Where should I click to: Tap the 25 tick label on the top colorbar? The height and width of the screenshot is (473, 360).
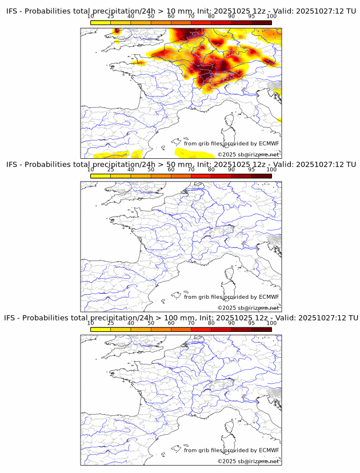pos(111,17)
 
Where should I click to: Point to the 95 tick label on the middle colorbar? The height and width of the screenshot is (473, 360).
pos(251,170)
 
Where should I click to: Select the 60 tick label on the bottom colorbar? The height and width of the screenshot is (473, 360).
pos(171,323)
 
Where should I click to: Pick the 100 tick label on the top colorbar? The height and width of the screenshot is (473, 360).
pos(271,17)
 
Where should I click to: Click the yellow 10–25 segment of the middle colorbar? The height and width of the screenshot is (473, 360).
pos(101,175)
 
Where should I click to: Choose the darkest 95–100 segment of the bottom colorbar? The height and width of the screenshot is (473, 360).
pos(261,329)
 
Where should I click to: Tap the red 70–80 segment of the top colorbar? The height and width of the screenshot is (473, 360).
pos(201,22)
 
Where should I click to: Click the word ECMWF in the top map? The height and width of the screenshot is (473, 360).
pos(269,144)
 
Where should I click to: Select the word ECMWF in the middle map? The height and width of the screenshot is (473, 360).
pos(269,297)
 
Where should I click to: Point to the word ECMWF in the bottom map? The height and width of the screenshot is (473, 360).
pos(269,450)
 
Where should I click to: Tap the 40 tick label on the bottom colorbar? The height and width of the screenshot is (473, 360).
pos(131,323)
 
